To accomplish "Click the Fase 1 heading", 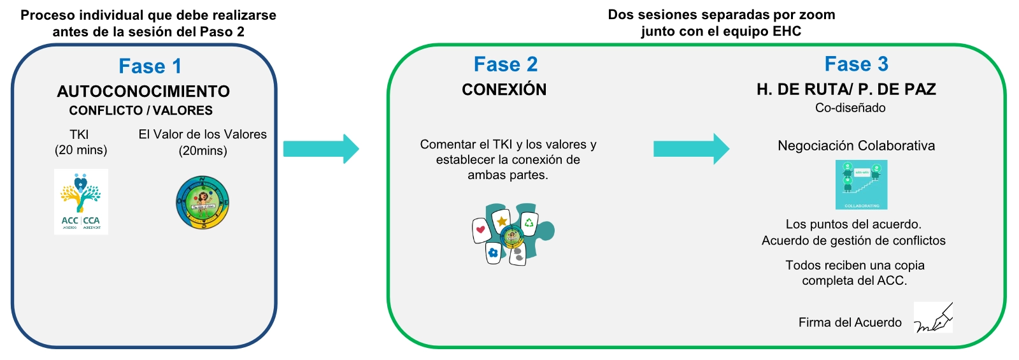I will click(x=150, y=66).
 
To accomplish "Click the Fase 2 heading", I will click(x=506, y=64).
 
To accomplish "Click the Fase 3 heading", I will click(x=856, y=64).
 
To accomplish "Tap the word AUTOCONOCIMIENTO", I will click(x=143, y=91).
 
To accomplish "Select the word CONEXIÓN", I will click(x=504, y=89).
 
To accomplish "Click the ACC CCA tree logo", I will click(x=81, y=201).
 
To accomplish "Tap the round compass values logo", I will click(x=203, y=203).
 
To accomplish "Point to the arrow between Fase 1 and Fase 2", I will click(x=321, y=149).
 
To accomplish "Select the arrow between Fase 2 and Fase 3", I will click(x=691, y=149).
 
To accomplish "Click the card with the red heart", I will click(x=481, y=229).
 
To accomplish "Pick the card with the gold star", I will click(x=502, y=220).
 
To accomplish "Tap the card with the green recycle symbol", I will click(x=529, y=223).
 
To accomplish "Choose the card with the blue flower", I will click(x=493, y=253).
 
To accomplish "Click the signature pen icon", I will click(x=934, y=317).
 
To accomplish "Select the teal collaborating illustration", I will click(x=861, y=185).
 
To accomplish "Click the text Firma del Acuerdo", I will click(x=850, y=322).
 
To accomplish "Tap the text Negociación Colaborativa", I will click(x=856, y=146).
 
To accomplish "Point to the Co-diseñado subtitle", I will click(x=850, y=108).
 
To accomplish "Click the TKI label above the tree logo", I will click(x=80, y=134).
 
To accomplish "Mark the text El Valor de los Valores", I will click(x=203, y=134).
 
